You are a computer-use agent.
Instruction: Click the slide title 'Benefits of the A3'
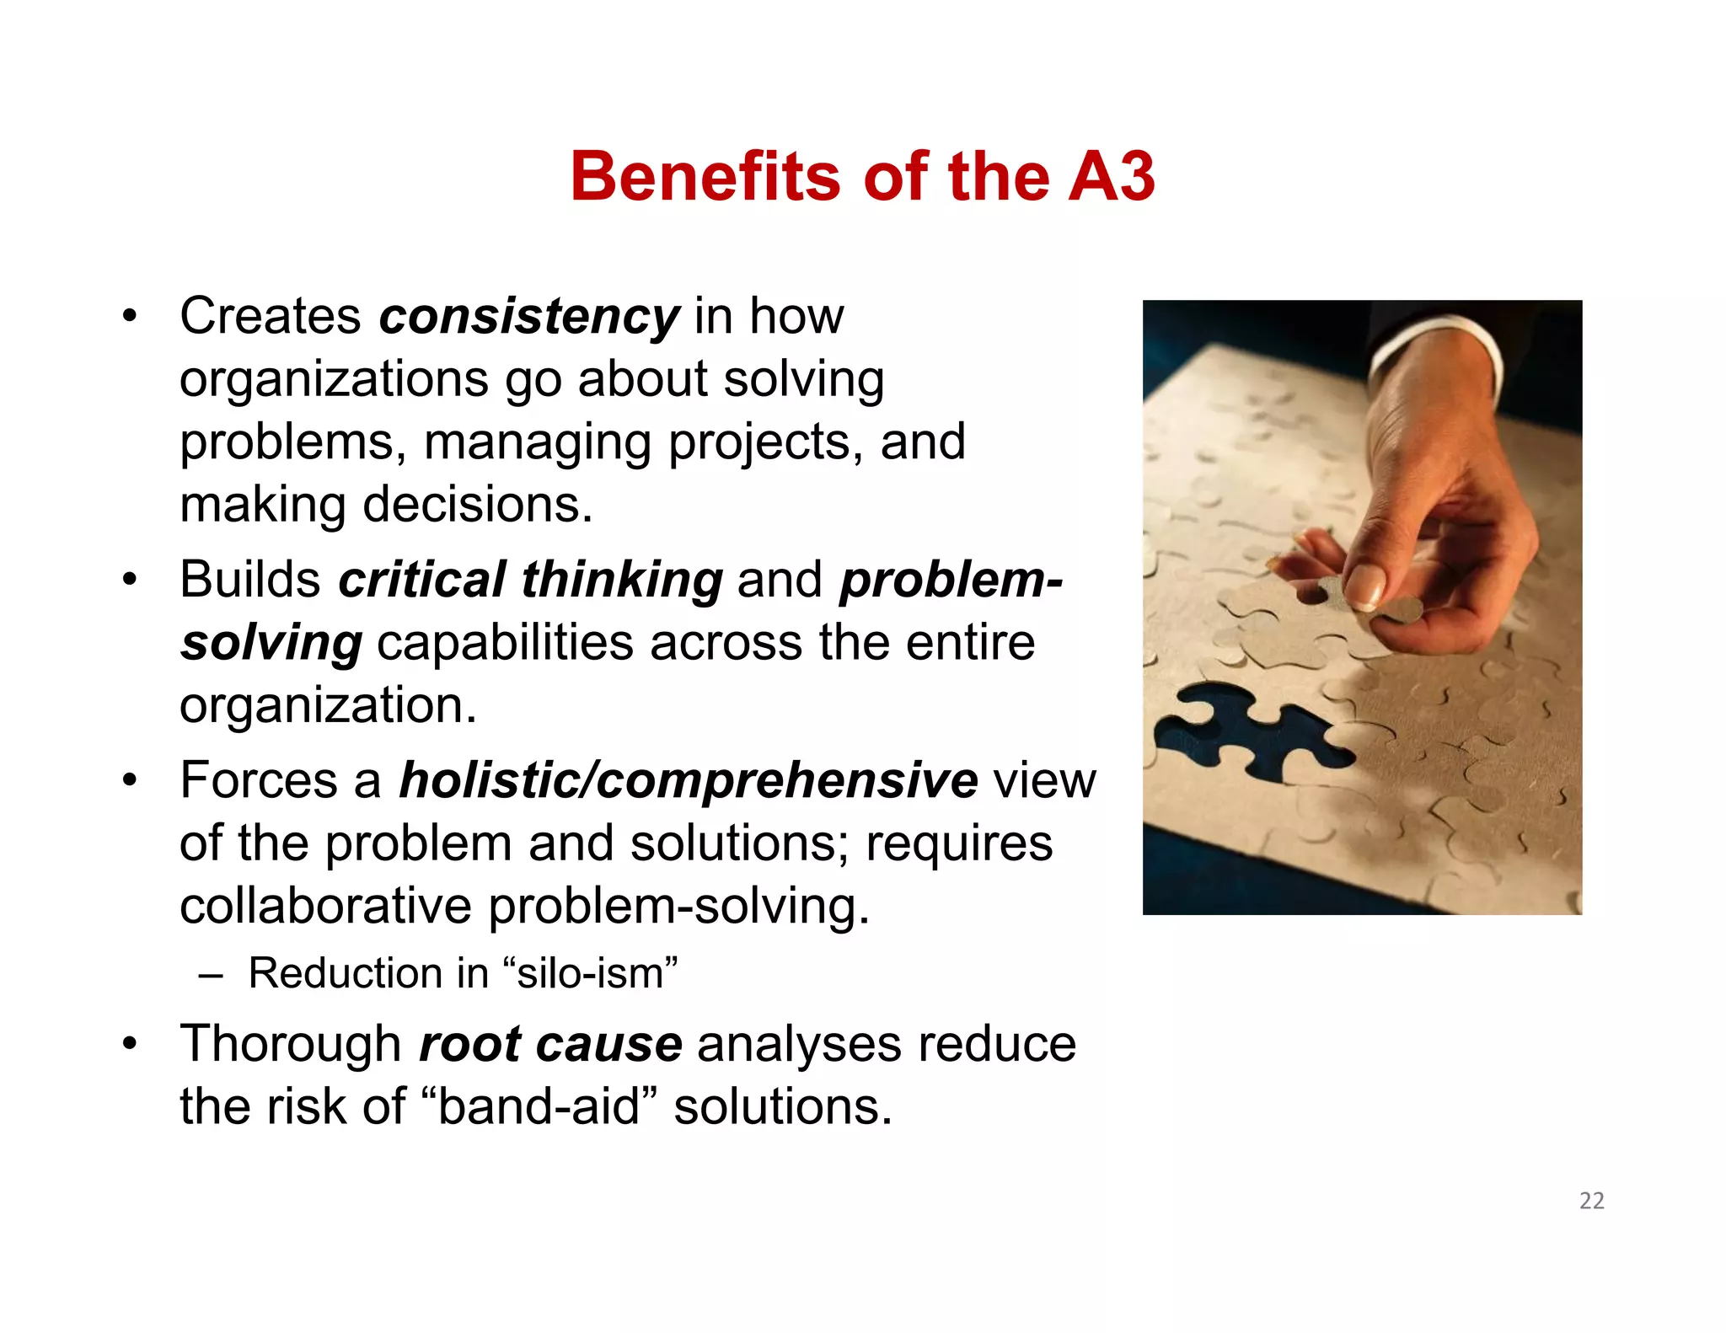[862, 176]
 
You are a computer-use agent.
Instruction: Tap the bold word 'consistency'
[528, 316]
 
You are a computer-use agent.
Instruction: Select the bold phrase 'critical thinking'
[530, 580]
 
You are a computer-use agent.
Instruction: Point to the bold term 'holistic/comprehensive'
[689, 780]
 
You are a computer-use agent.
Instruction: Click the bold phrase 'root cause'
[550, 1044]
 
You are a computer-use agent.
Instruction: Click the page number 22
[1591, 1201]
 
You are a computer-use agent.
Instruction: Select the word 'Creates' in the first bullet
[271, 316]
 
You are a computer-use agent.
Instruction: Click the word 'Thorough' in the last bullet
[291, 1044]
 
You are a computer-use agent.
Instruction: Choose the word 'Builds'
[250, 580]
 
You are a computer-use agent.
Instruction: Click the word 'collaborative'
[325, 907]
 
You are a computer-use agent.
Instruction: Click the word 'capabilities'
[505, 644]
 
